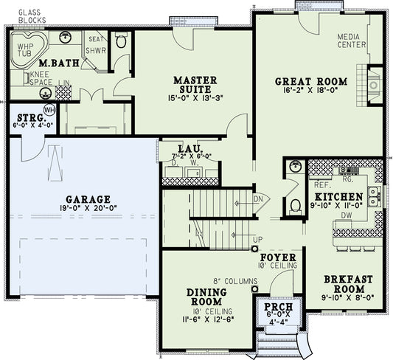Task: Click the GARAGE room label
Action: click(x=86, y=199)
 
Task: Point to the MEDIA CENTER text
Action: click(x=353, y=39)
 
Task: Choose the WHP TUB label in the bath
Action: click(x=25, y=49)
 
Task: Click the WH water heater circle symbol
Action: click(x=50, y=110)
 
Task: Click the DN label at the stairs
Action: click(x=259, y=198)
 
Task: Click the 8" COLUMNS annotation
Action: click(x=234, y=281)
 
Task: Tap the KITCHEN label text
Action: click(x=339, y=197)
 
